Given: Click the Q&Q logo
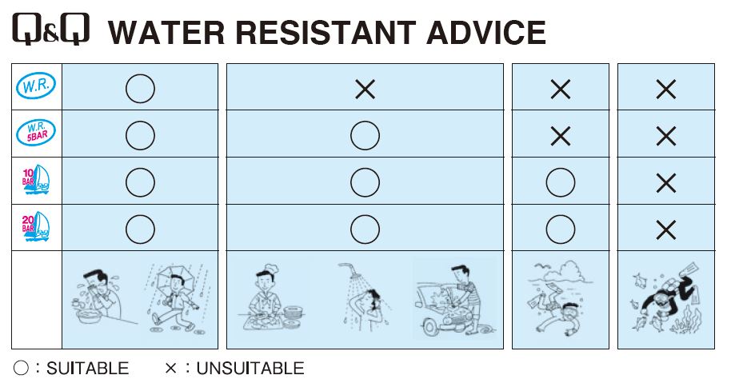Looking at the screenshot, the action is click(50, 29).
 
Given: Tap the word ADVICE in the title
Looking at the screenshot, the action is click(485, 32).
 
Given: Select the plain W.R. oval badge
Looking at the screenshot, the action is click(36, 86).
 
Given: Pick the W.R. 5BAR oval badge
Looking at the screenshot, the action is click(36, 133).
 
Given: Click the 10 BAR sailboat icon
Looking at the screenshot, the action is click(36, 180).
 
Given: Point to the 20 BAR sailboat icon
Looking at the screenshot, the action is click(36, 227).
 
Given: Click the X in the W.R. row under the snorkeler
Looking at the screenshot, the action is click(560, 89).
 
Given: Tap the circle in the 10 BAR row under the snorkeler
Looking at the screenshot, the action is click(560, 182).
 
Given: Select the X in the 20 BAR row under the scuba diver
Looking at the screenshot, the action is click(666, 229).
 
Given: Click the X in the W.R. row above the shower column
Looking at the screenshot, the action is click(366, 89).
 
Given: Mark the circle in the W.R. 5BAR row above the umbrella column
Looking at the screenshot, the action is click(140, 135).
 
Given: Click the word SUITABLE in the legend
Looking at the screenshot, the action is click(88, 369).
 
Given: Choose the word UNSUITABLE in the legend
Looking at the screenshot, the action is click(250, 369).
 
